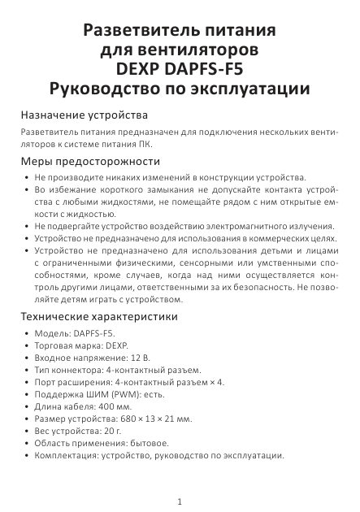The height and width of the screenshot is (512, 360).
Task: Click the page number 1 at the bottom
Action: tap(180, 501)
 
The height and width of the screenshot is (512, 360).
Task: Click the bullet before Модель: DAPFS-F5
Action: tap(27, 334)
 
